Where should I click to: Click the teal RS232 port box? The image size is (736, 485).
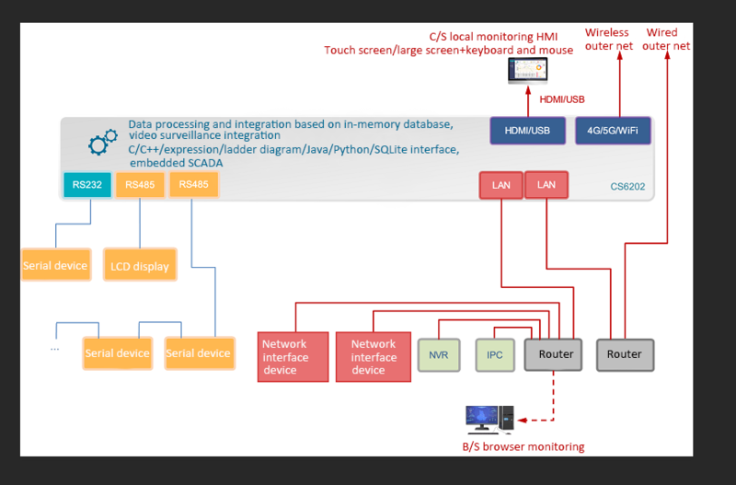point(87,185)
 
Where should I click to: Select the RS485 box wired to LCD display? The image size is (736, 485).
point(140,185)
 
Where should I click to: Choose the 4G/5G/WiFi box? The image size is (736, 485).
point(612,131)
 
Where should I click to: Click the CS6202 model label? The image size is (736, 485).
point(627,186)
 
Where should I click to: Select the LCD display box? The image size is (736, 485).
point(140,266)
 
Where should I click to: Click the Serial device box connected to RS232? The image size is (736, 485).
point(55,265)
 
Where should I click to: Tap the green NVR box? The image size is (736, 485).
point(438,354)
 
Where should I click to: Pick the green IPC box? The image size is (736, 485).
point(495,354)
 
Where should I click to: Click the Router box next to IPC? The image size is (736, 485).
point(555,354)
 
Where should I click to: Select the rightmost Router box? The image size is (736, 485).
point(625,354)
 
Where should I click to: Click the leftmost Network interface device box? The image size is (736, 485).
point(293,357)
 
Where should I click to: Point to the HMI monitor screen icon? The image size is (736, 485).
point(527,71)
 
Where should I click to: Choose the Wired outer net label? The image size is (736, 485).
point(667,39)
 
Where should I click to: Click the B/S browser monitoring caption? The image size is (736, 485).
point(523,447)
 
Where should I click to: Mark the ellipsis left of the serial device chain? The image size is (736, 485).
point(55,348)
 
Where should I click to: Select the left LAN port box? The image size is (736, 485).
point(500,185)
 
